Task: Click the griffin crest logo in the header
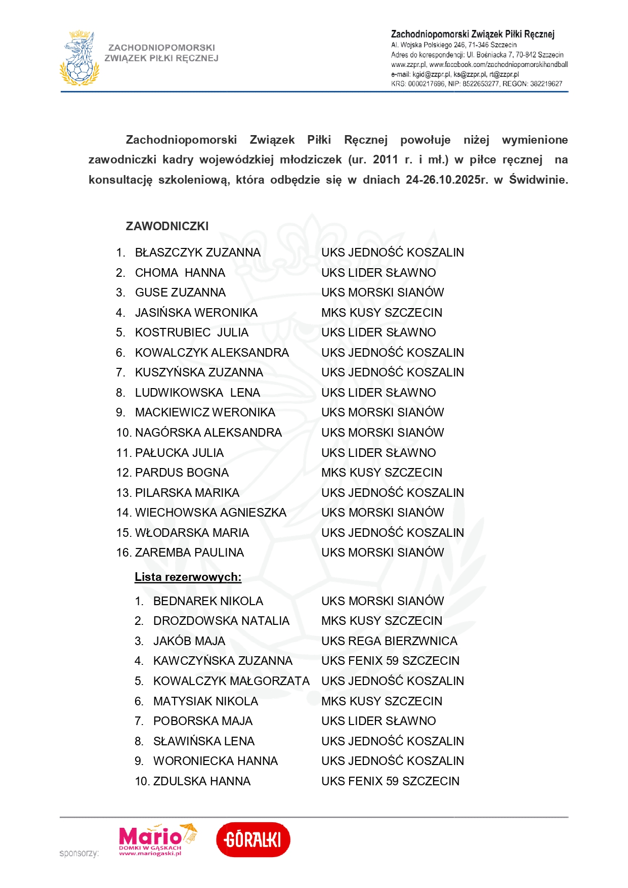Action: (79, 58)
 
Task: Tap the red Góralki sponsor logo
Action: (253, 839)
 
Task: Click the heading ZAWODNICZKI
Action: (167, 226)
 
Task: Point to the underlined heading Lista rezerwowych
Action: (188, 577)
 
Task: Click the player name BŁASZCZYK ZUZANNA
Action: (197, 252)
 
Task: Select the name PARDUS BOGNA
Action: (182, 473)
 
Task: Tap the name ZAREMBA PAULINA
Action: (189, 553)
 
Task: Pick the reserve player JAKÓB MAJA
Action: (189, 641)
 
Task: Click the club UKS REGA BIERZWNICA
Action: (389, 641)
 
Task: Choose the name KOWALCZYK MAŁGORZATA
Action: (231, 681)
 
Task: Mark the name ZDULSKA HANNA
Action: (202, 781)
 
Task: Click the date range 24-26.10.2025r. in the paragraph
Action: (447, 180)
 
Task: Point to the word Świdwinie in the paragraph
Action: (538, 180)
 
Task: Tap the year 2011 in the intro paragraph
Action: (386, 160)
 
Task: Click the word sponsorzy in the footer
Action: (79, 853)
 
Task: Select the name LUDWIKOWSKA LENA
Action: (197, 393)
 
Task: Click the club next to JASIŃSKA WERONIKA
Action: (382, 313)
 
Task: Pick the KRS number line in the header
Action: (476, 84)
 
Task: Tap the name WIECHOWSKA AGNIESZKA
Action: (211, 513)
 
